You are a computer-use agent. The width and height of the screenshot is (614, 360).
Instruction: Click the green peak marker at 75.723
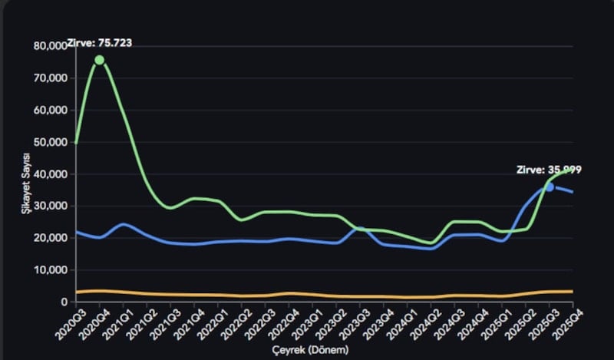pos(99,60)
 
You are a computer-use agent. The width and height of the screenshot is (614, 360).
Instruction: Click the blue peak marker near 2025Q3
pos(550,187)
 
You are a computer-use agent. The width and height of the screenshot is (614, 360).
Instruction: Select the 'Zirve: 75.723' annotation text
pos(100,43)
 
